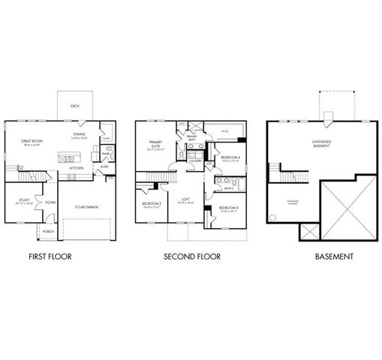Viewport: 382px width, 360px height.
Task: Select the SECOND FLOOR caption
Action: [192, 256]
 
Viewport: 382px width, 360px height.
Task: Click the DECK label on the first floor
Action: [75, 106]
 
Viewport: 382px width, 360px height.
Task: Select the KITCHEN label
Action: [77, 168]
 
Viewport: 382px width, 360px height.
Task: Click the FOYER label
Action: [50, 202]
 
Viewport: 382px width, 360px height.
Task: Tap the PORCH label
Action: [48, 232]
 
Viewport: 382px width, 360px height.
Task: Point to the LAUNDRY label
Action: [196, 160]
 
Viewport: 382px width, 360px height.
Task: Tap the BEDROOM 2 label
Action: [152, 205]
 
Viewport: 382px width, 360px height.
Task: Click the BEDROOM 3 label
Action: [230, 208]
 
